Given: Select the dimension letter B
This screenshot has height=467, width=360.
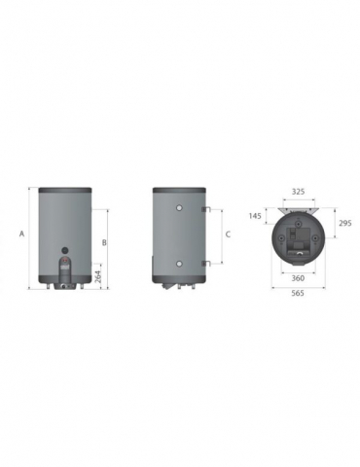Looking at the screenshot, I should coord(105,241).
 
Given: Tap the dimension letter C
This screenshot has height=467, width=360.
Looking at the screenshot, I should coord(227,234).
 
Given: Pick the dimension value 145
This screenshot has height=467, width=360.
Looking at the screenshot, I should coord(256,215).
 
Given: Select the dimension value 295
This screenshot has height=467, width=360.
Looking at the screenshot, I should coord(343,224).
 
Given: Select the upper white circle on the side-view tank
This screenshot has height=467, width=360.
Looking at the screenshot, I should coord(178,209).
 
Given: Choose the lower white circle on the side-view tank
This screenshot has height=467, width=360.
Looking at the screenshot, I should coord(178,262).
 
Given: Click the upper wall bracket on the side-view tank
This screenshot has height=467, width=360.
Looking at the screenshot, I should coord(204,209).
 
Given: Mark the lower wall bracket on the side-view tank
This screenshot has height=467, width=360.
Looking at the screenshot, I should coord(204,262).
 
